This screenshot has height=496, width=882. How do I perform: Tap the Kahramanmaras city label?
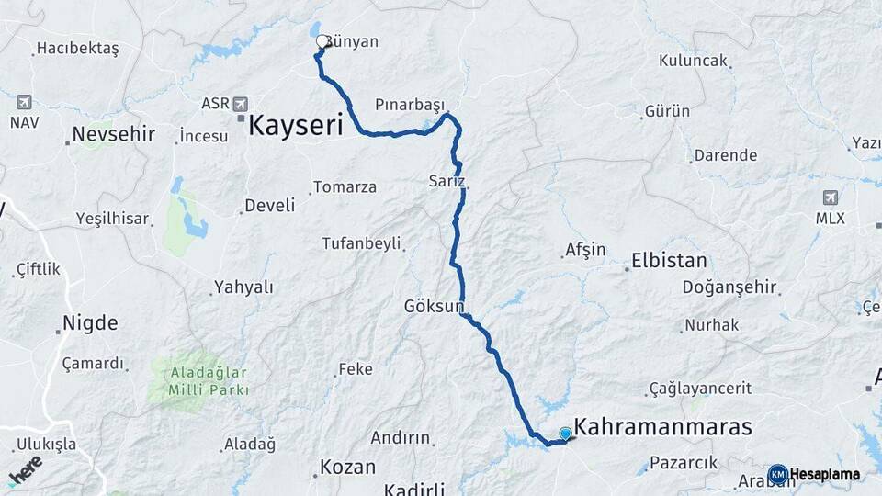pyautogui.click(x=662, y=428)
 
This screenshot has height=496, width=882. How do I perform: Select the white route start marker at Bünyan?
pyautogui.click(x=322, y=41)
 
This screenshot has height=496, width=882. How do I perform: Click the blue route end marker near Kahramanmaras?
pyautogui.click(x=565, y=434)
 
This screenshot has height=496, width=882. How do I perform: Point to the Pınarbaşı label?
pyautogui.click(x=409, y=104)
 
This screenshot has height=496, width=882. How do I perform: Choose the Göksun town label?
pyautogui.click(x=434, y=306)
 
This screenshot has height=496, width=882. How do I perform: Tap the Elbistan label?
pyautogui.click(x=669, y=261)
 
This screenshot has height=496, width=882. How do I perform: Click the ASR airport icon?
pyautogui.click(x=241, y=104)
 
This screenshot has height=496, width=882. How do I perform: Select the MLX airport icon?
pyautogui.click(x=831, y=197)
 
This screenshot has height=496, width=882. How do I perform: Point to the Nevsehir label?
pyautogui.click(x=114, y=135)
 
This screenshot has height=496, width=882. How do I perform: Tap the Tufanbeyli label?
pyautogui.click(x=361, y=243)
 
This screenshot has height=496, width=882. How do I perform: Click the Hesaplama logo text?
pyautogui.click(x=824, y=475)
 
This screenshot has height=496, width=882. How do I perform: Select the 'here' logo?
pyautogui.click(x=25, y=469)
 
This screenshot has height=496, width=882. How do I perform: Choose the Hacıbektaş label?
pyautogui.click(x=77, y=50)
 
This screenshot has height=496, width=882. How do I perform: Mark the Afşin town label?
pyautogui.click(x=585, y=250)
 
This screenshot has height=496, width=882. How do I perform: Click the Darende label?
pyautogui.click(x=726, y=155)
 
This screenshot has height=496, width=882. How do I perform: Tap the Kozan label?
pyautogui.click(x=348, y=467)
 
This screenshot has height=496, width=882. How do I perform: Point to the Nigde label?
pyautogui.click(x=90, y=323)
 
